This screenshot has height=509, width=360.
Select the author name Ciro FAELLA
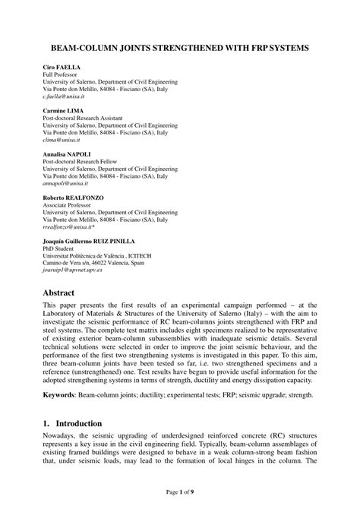coord(61,68)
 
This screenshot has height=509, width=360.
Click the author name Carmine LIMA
coord(63,111)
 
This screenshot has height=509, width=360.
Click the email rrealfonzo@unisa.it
coord(69,226)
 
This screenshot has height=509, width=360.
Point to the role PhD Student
coord(62,248)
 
